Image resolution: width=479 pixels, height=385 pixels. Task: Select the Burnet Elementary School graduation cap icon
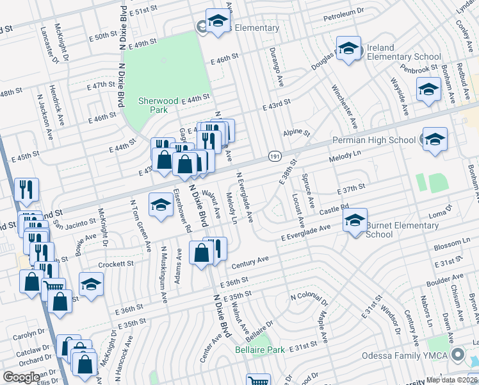point(354,220)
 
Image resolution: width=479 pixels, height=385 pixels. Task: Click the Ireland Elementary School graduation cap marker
point(349,49)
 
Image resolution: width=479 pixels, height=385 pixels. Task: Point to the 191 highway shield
point(275,157)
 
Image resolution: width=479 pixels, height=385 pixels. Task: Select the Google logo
point(20,377)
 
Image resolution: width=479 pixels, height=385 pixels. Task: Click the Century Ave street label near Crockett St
point(249,262)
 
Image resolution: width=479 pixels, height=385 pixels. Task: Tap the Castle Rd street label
point(334,209)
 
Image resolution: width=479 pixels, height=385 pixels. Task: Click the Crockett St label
point(116,264)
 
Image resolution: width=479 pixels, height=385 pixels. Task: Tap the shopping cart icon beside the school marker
point(53,287)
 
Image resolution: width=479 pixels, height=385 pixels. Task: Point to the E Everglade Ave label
point(307,232)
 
